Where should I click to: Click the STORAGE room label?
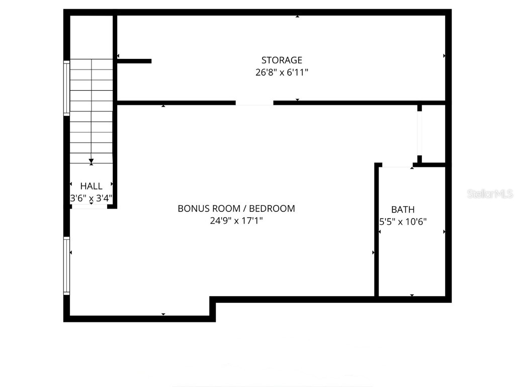tap(282, 60)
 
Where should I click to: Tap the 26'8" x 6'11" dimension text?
tap(282, 73)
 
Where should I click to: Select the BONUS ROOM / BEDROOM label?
tap(236, 208)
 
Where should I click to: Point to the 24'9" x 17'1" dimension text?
tap(236, 220)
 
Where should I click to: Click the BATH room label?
tap(403, 210)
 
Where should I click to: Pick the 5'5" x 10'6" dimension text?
tap(403, 221)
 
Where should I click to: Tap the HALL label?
tap(91, 186)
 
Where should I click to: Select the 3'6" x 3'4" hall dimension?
tap(91, 199)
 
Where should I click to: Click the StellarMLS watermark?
tap(489, 193)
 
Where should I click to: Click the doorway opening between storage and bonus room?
tap(254, 103)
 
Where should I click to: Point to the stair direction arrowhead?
tap(91, 162)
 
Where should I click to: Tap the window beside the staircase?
tap(66, 88)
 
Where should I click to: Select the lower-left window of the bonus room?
tap(66, 266)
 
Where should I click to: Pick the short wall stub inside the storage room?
tap(134, 61)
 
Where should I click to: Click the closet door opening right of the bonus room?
tap(419, 133)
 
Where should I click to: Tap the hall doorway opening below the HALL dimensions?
tap(89, 206)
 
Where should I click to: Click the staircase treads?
tap(91, 111)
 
